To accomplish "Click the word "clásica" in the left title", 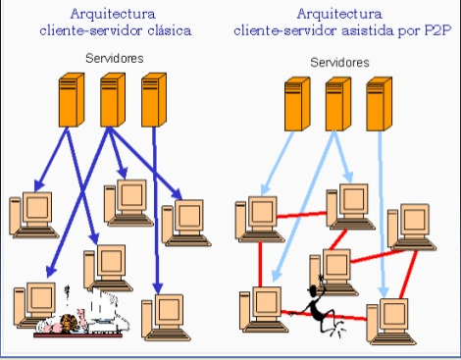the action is point(170,30).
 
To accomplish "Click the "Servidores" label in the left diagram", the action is point(115,58).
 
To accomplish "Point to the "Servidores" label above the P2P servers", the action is point(339,62).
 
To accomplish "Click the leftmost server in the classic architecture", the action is point(72,100).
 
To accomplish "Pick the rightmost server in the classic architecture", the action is point(154,100).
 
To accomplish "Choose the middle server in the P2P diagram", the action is point(338,104).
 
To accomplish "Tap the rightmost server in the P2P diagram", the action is point(379,104).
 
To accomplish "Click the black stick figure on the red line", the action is point(319,307).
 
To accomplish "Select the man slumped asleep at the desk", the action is point(80,319).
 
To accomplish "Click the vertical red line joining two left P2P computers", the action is point(260,264).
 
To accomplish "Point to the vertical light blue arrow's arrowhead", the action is point(384,291).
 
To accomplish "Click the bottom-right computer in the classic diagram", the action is point(166,317).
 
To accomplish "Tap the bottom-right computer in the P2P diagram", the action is point(391,321).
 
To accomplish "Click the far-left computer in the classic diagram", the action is point(34,215).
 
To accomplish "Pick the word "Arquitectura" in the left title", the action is point(113,14).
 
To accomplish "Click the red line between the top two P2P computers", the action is point(301,215).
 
